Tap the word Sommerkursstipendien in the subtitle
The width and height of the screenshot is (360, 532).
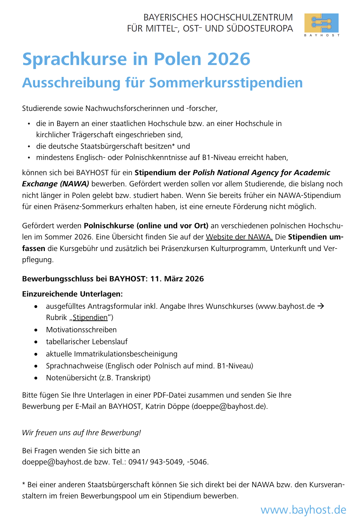coord(226,83)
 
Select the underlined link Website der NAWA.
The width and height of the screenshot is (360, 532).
coord(239,237)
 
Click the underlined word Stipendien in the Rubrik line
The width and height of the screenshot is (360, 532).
coord(90,317)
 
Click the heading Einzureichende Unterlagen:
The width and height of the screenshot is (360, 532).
coord(72,294)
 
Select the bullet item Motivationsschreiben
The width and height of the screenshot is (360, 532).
coord(81,330)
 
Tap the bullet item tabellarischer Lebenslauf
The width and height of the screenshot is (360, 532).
coord(87,342)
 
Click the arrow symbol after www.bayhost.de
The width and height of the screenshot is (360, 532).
coord(320,306)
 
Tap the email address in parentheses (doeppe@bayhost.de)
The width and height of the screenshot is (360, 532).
coord(229,406)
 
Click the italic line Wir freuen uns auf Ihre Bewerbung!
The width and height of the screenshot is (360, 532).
coord(81,433)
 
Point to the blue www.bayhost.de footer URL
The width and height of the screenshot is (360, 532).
coord(303,510)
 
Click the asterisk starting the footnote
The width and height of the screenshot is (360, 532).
coord(23,484)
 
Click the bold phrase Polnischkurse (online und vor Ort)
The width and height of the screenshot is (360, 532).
coord(146,226)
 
